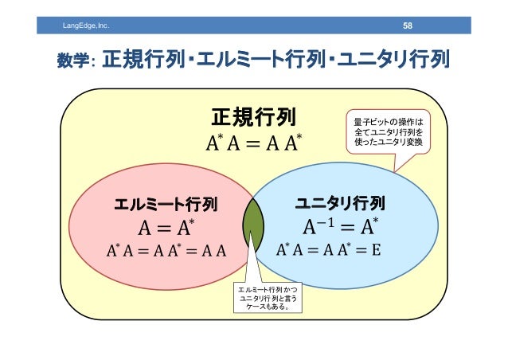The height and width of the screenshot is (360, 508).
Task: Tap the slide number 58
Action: [407, 27]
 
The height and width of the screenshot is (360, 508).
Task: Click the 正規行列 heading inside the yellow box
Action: [253, 119]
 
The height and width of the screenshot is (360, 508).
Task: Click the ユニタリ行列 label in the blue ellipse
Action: [341, 202]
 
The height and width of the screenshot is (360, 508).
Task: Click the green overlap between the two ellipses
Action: [253, 228]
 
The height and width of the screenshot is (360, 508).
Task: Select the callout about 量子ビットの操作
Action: [389, 132]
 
